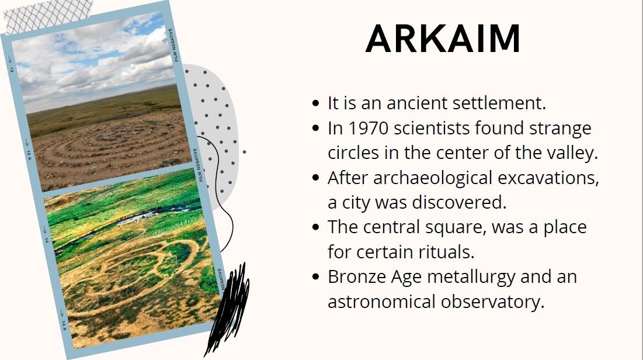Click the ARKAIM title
pyautogui.click(x=443, y=39)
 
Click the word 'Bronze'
pyautogui.click(x=357, y=276)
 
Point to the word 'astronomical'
pyautogui.click(x=381, y=302)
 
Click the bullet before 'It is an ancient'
pyautogui.click(x=315, y=103)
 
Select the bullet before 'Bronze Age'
pyautogui.click(x=315, y=276)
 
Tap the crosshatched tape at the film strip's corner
pyautogui.click(x=47, y=16)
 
